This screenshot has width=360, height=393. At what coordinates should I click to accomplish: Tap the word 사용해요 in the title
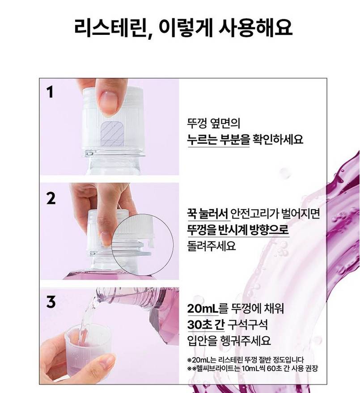point(255,27)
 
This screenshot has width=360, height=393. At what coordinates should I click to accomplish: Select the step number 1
point(51,92)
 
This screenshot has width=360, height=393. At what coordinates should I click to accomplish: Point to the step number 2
point(51,199)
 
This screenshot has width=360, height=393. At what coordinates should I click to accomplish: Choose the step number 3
point(51,302)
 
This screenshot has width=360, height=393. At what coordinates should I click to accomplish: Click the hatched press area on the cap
point(113,134)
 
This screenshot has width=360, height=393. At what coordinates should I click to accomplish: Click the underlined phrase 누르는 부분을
point(218,139)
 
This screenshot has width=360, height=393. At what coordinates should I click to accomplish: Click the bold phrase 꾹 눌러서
point(208,214)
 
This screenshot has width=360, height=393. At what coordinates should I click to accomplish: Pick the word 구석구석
point(247,325)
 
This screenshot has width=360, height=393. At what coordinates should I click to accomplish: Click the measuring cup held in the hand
point(88,351)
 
